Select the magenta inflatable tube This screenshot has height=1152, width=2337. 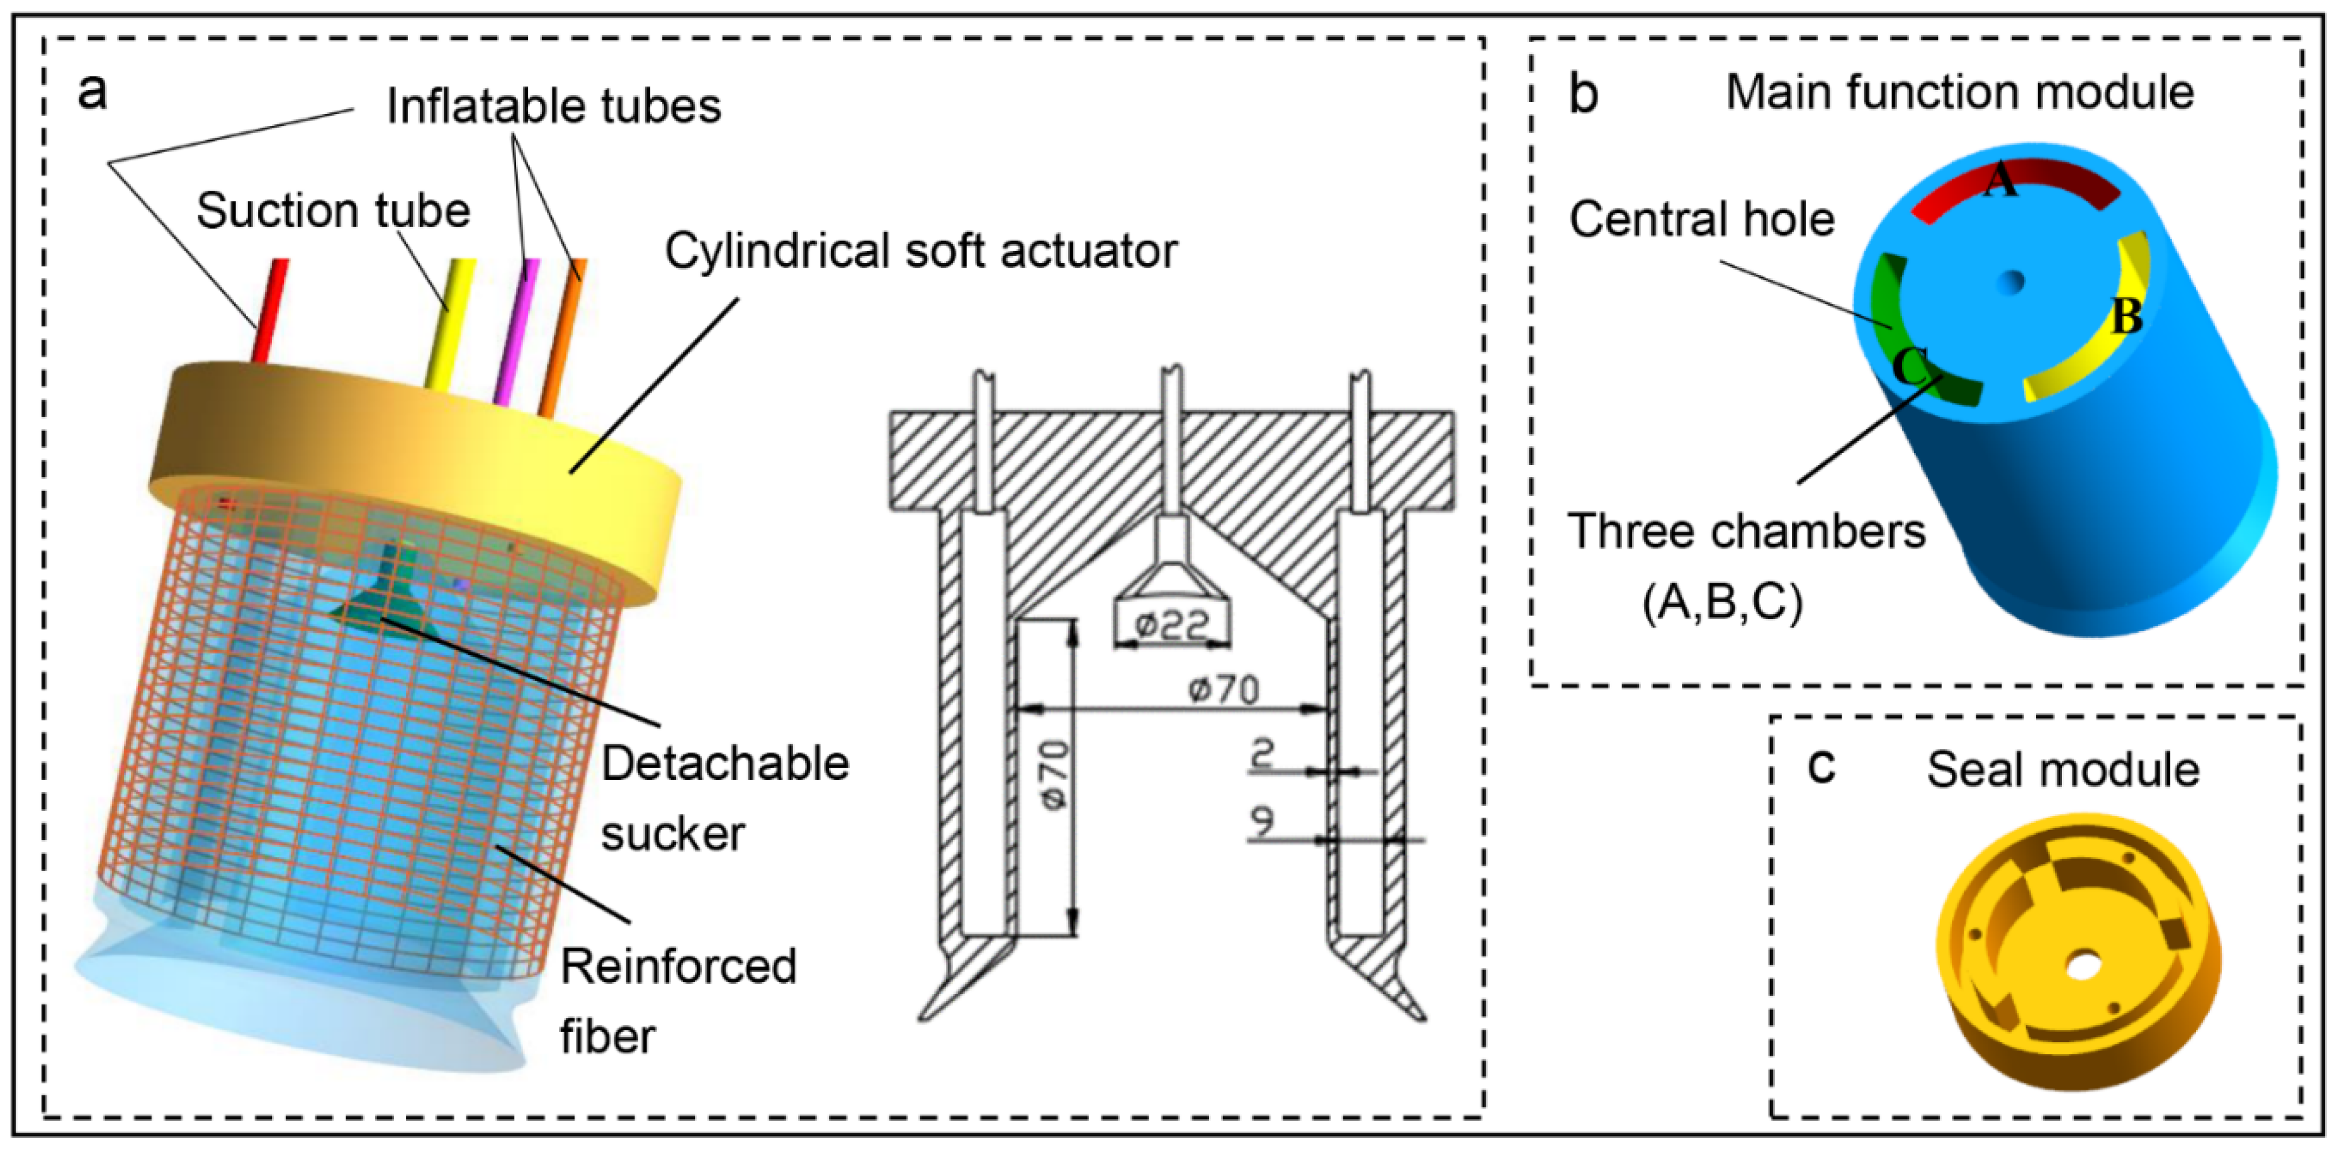pos(518,330)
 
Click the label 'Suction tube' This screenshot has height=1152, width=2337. pos(333,211)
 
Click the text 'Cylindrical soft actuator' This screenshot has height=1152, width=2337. pos(921,251)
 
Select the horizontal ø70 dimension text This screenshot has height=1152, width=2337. pos(1224,690)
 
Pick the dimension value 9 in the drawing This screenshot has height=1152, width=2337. pos(1262,820)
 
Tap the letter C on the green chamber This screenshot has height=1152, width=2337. pos(1910,367)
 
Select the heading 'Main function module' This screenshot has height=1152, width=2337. pos(1959,92)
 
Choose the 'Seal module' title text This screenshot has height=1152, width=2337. pos(2062,770)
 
